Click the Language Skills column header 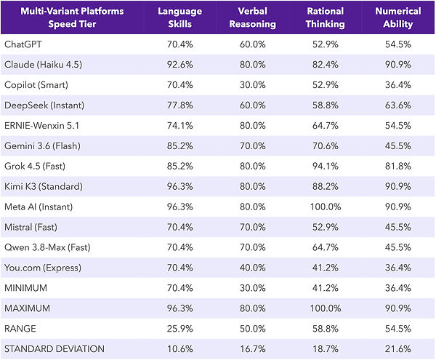tap(180, 17)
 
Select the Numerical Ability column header tap(398, 17)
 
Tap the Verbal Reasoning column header tap(252, 17)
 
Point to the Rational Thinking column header tap(325, 17)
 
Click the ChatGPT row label tap(23, 44)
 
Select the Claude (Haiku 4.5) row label tap(44, 65)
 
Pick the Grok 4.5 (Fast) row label tap(35, 166)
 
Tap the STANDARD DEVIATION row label tap(54, 349)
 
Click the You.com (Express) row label tap(43, 268)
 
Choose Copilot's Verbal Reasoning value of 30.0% tap(252, 85)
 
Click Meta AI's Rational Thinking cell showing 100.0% tap(326, 207)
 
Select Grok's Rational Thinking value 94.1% tap(326, 166)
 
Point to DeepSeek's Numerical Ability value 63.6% tap(398, 105)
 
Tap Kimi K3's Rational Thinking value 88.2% tap(326, 186)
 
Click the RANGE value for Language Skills tap(180, 329)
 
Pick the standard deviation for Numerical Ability tap(398, 349)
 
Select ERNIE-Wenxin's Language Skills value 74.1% tap(180, 126)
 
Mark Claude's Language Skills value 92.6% tap(180, 65)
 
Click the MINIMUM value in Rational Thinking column tap(326, 288)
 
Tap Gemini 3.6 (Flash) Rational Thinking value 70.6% tap(326, 145)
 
